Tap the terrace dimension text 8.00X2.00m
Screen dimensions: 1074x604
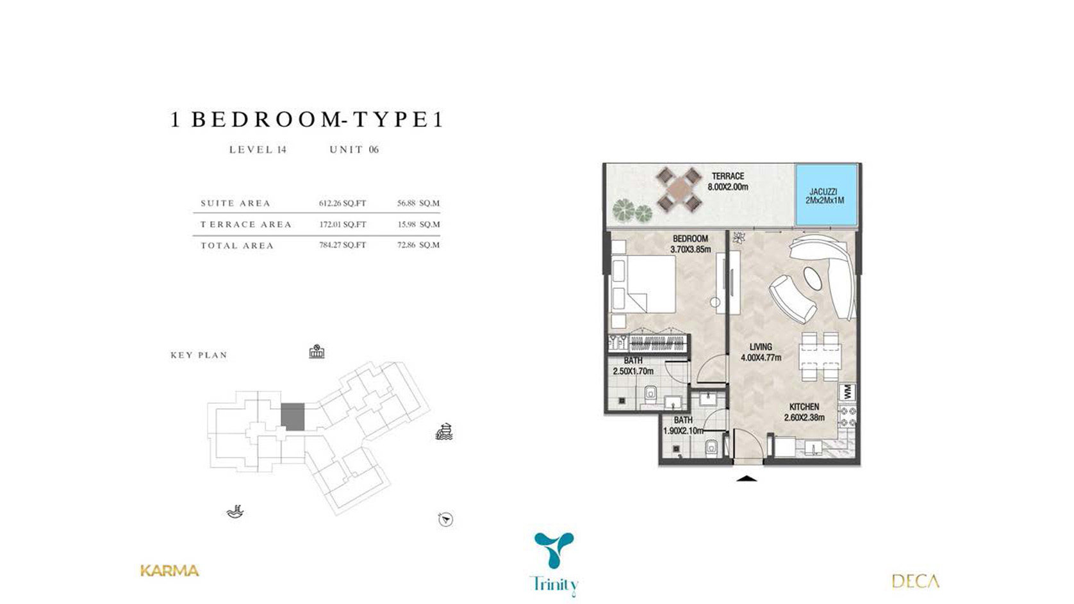[728, 187]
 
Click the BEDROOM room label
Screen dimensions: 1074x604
[690, 238]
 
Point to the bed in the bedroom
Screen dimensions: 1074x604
[642, 284]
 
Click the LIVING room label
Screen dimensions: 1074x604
[761, 347]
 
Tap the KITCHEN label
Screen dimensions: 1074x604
[804, 407]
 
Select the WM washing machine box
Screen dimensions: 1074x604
[847, 391]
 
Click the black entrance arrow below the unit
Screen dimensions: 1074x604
[746, 478]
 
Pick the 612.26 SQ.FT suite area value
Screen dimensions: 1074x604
[342, 203]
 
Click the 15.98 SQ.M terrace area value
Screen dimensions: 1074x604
[418, 224]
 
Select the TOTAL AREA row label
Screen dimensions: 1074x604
[237, 245]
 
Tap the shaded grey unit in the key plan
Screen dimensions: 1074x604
[292, 416]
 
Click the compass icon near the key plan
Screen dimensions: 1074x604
[445, 519]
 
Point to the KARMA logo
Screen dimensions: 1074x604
[169, 571]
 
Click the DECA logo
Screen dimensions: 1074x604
[915, 582]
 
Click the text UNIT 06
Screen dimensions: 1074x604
[354, 150]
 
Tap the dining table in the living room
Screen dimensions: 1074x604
[820, 357]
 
